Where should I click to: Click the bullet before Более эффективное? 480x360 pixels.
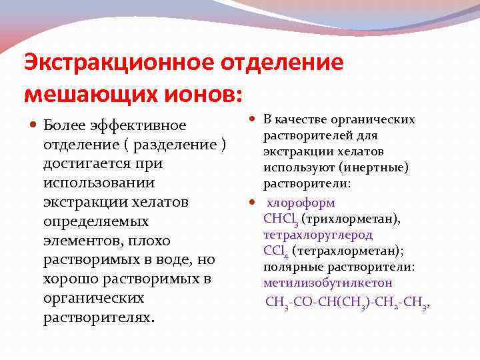pyautogui.click(x=33, y=125)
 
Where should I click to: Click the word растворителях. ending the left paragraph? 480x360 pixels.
pyautogui.click(x=98, y=317)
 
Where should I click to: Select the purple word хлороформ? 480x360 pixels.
pyautogui.click(x=301, y=203)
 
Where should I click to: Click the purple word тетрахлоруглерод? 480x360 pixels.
pyautogui.click(x=318, y=235)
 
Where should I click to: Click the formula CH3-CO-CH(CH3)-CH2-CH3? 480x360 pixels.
pyautogui.click(x=347, y=302)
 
